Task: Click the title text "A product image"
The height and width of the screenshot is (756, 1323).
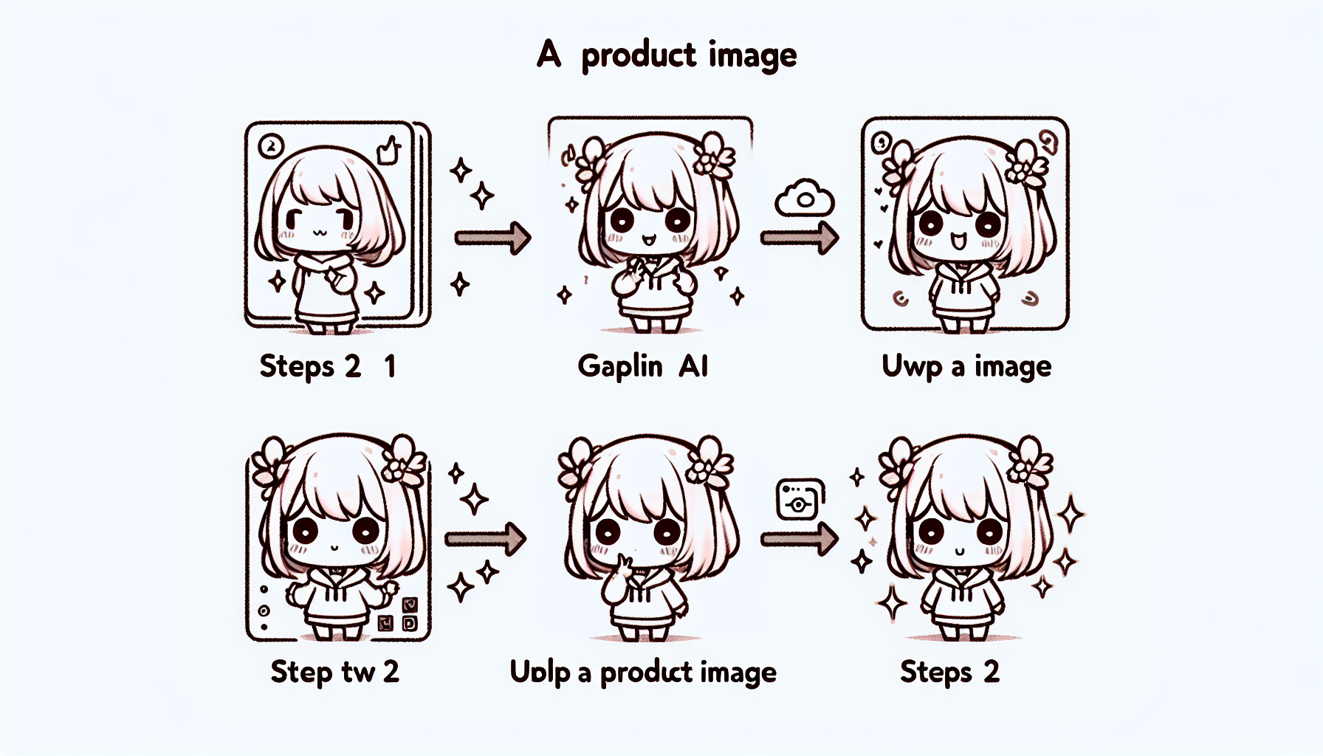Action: [667, 55]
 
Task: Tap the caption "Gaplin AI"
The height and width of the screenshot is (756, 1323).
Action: [642, 366]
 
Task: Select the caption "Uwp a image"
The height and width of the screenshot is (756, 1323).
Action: [966, 366]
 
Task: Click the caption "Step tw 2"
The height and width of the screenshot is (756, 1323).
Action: [334, 672]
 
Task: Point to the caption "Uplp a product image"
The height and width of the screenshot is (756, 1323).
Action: [643, 672]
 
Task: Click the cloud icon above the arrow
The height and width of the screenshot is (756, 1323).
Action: [805, 198]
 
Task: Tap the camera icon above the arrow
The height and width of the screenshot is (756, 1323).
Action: [800, 499]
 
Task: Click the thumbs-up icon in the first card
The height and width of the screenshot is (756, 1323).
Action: [388, 151]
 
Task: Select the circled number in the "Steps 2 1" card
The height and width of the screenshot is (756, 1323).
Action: [271, 146]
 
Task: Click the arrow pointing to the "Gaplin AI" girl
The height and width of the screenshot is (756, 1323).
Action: [492, 238]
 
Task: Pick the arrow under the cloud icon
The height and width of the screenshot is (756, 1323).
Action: [800, 238]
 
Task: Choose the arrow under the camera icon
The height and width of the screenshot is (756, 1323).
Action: [800, 538]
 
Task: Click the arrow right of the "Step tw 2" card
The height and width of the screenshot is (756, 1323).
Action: [485, 539]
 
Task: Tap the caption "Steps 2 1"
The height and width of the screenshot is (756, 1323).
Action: [328, 366]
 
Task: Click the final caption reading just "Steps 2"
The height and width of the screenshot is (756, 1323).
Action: [949, 672]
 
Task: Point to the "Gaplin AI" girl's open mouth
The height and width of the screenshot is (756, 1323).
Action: [648, 240]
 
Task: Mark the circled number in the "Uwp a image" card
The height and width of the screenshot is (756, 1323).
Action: [881, 142]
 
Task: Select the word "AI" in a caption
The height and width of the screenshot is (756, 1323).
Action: [693, 365]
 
